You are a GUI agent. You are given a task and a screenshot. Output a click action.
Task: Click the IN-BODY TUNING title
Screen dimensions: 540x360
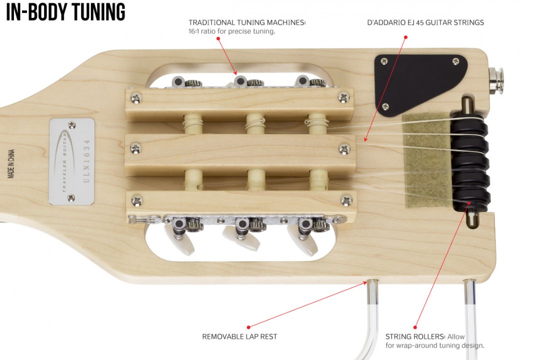65,12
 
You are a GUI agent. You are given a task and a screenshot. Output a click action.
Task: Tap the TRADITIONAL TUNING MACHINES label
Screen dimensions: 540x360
246,22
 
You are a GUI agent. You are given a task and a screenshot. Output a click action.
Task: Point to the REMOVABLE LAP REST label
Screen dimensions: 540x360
240,336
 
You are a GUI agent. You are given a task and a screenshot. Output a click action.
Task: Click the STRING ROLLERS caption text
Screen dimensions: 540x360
434,341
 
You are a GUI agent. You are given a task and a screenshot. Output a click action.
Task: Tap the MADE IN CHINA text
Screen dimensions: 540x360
11,163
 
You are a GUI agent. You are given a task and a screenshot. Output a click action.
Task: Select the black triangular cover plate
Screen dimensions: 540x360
417,80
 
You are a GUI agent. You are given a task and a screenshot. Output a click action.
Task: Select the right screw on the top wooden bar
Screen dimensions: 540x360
344,97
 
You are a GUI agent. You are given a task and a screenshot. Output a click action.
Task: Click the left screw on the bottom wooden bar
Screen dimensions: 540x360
136,200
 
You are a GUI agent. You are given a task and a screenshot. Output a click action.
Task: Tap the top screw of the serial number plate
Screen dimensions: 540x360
72,125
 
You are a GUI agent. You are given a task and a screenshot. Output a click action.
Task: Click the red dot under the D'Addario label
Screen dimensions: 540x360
405,36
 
